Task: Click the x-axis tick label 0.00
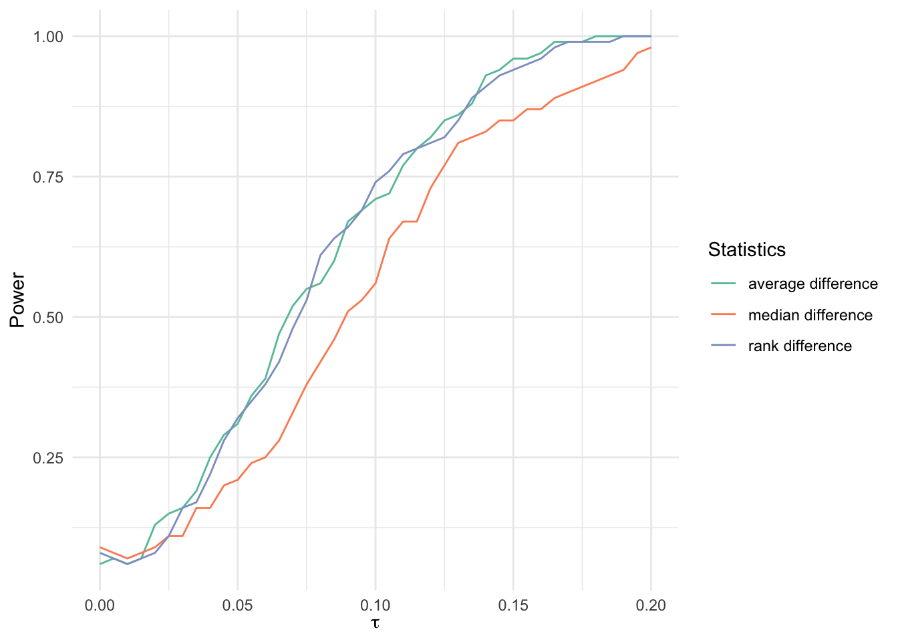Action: (100, 606)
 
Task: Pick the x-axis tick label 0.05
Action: (237, 606)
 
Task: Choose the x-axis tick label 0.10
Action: (376, 606)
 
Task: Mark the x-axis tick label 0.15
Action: (513, 606)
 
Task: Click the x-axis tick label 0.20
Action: (651, 606)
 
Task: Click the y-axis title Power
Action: (18, 300)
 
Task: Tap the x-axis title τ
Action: (376, 624)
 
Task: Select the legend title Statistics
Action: (746, 250)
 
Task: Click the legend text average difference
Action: (812, 284)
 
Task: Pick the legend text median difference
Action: (810, 315)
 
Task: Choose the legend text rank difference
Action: (800, 346)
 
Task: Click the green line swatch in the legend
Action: (724, 284)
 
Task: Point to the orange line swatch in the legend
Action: (724, 315)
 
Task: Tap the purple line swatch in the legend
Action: (724, 346)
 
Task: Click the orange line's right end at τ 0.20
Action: (651, 47)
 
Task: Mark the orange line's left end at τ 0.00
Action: (100, 547)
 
